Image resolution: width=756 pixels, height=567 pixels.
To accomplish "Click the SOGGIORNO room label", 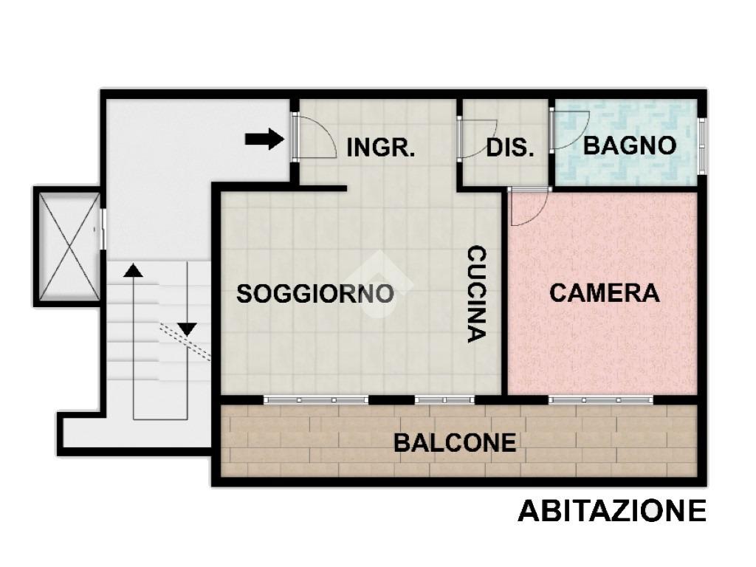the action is (x=315, y=294).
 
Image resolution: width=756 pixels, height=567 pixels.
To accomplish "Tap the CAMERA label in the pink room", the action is (x=605, y=292).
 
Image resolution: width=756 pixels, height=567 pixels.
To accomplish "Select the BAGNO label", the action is (x=630, y=145).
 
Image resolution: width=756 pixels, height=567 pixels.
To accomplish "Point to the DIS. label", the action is (x=509, y=148).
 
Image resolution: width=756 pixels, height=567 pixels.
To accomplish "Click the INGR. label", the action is (x=380, y=147).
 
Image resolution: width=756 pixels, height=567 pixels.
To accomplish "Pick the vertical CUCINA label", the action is (x=477, y=294).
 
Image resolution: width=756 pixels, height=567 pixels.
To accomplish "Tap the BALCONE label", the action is (x=455, y=443).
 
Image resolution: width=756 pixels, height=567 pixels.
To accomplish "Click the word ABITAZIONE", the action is (x=612, y=511).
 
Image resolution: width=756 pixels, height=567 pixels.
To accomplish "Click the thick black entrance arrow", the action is (x=265, y=140).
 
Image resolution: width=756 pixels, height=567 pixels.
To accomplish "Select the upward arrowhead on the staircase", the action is (x=134, y=270).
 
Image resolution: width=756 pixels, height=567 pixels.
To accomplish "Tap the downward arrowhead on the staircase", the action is (x=188, y=329).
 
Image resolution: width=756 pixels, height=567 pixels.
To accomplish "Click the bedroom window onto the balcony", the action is (x=601, y=399).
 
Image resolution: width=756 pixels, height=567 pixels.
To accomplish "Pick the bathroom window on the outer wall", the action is (x=703, y=144).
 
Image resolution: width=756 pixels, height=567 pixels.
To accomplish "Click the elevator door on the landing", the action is (x=103, y=229).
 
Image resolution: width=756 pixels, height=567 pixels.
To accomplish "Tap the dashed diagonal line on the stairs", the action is (x=185, y=342).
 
